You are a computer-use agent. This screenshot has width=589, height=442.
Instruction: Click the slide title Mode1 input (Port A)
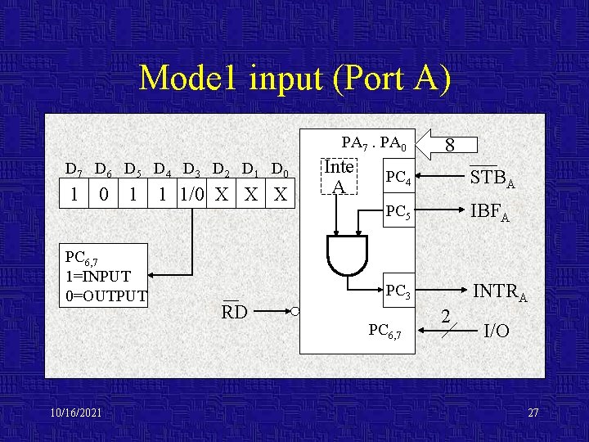click(294, 78)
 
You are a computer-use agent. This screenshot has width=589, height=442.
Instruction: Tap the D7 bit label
click(74, 170)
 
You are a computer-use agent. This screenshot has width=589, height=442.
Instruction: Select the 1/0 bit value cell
click(191, 195)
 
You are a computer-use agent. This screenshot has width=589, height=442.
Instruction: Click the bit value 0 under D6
click(103, 195)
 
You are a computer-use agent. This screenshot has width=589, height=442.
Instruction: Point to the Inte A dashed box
click(339, 177)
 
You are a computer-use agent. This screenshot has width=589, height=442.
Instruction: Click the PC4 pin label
click(398, 177)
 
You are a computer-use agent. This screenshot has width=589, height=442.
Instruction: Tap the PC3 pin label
click(398, 290)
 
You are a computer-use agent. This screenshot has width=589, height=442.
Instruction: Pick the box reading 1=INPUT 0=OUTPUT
click(106, 277)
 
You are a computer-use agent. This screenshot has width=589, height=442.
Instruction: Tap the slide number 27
click(533, 413)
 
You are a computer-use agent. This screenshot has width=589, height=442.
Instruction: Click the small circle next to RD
click(294, 312)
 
